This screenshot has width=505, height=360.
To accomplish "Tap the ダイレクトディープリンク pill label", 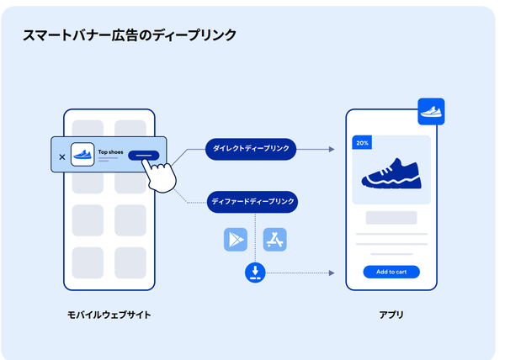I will (251, 149).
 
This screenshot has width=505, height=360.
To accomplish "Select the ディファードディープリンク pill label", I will (252, 201).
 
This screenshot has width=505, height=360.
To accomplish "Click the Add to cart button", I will (391, 272).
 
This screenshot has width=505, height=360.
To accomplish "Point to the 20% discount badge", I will (363, 144).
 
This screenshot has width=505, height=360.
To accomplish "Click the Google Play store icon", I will (236, 240).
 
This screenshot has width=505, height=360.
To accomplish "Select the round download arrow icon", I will (256, 273).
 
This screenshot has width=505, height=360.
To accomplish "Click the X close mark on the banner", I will (61, 156).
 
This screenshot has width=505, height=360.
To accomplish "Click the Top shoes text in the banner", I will (109, 152).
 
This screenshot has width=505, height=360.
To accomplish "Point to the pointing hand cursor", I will (159, 174).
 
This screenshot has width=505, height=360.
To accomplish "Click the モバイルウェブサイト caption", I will (109, 315).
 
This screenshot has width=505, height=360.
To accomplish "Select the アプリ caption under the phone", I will (391, 315).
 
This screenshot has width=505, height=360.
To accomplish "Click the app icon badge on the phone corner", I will (430, 111).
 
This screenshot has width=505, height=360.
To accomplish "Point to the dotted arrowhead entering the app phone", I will (331, 273).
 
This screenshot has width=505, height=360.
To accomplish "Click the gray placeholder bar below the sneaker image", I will (391, 218).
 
